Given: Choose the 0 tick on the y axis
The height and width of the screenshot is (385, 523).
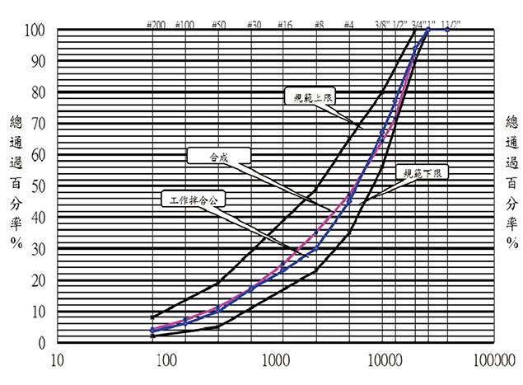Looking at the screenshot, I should [x=43, y=341].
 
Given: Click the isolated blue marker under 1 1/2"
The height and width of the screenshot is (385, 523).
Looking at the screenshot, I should [x=447, y=30].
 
